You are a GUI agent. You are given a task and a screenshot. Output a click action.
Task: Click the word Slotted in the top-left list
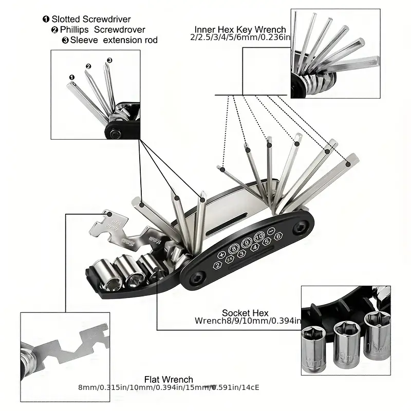65,19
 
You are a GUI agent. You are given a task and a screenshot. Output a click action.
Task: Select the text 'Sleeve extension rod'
114,40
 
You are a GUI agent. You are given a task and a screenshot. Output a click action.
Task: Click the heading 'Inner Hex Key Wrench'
240,30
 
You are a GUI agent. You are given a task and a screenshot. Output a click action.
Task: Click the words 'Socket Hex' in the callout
245,313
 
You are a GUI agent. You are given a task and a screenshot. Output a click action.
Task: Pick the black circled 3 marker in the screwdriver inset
109,60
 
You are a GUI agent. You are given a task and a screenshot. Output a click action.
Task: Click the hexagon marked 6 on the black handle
278,236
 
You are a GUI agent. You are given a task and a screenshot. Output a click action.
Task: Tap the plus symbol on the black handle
222,254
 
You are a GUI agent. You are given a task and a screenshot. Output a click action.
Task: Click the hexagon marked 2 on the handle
218,265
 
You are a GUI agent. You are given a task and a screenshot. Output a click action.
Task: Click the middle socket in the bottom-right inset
345,339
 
